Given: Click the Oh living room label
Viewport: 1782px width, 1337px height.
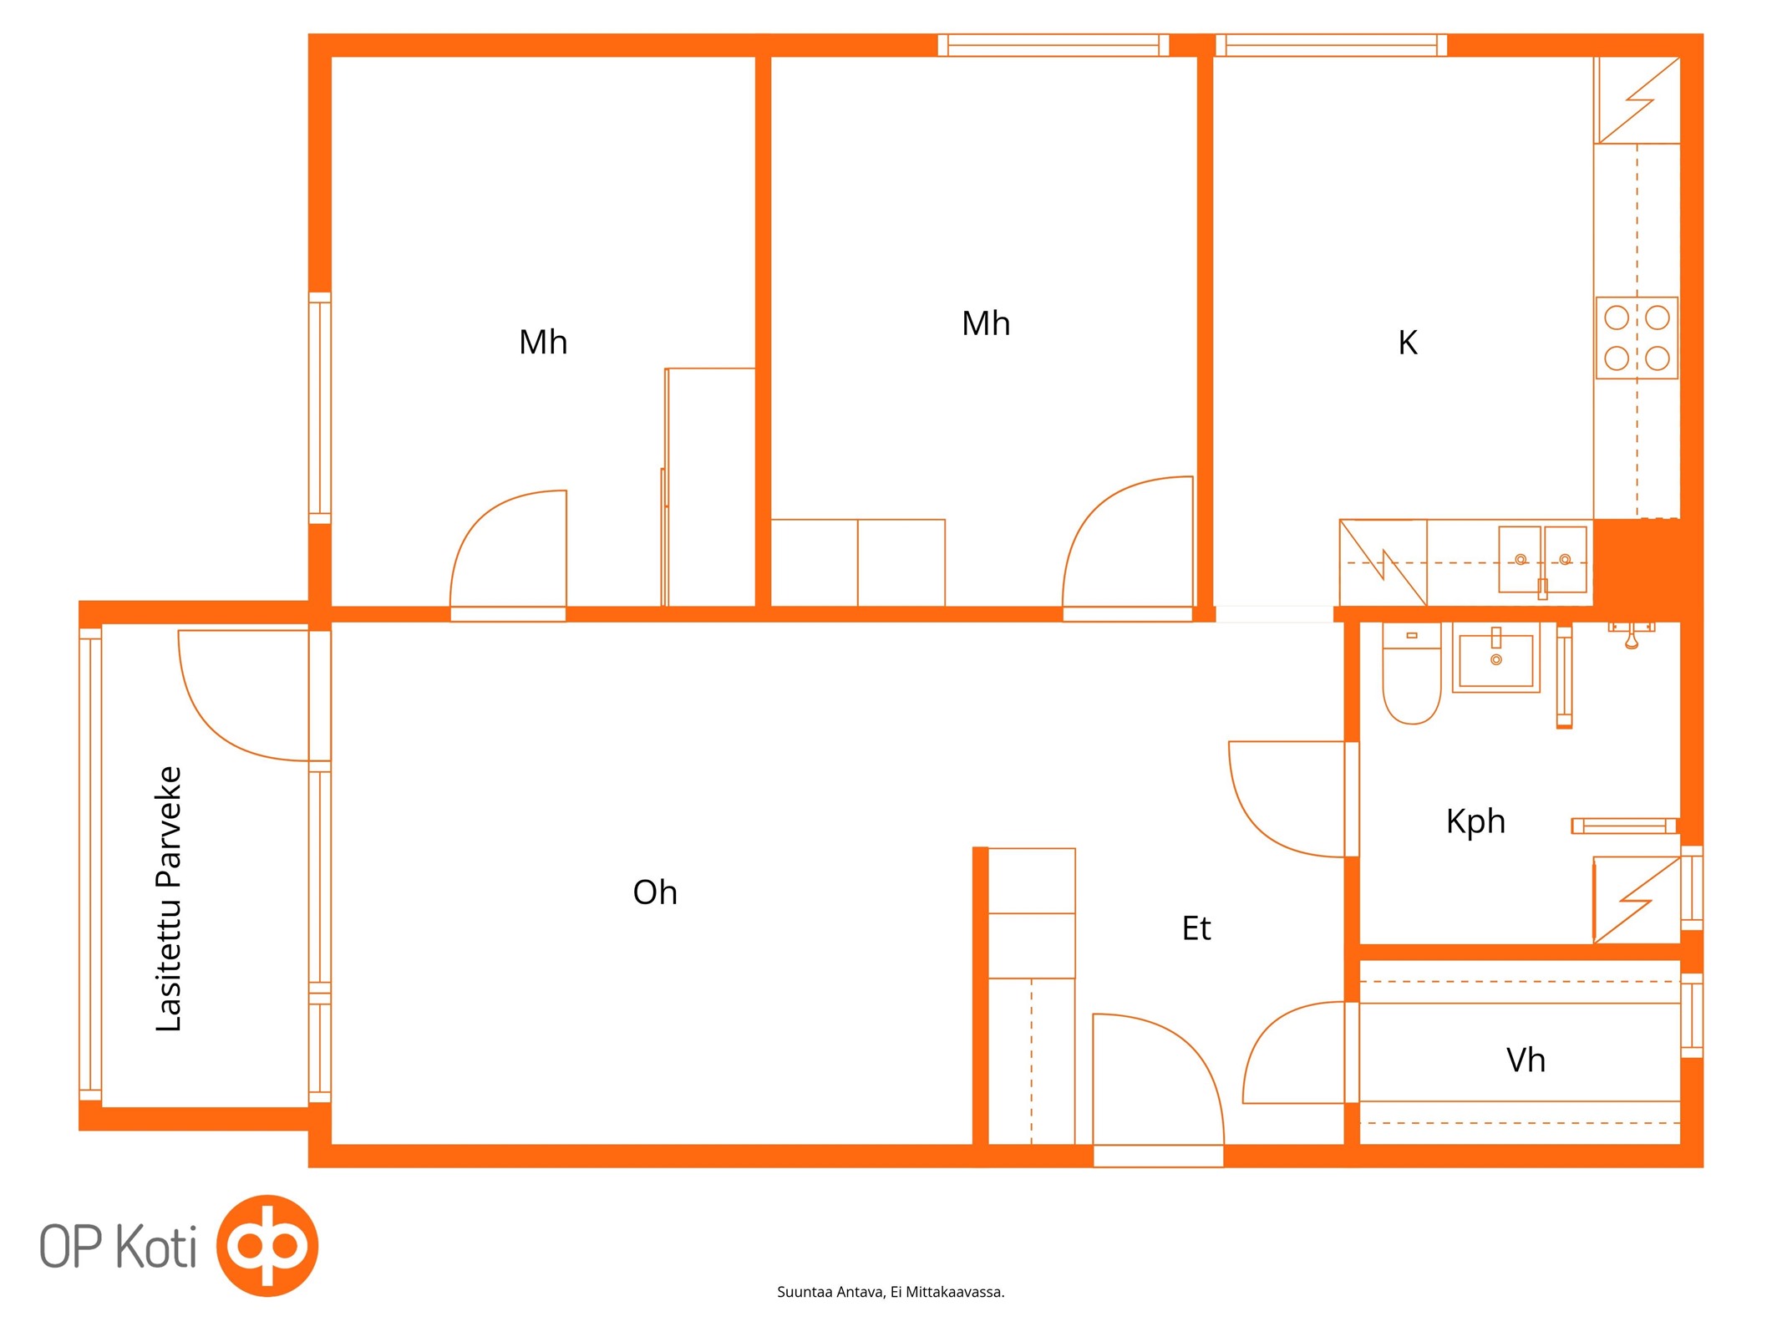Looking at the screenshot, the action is (655, 892).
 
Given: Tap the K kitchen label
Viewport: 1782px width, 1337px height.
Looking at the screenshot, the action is (1408, 343).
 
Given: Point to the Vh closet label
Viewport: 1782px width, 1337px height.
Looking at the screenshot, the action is (1526, 1060).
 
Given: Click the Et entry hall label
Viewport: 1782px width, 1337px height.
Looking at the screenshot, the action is (1196, 928).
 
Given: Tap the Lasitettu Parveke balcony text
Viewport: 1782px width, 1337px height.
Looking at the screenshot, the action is (169, 898).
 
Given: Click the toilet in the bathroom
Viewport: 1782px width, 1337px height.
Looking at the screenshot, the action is (1412, 674).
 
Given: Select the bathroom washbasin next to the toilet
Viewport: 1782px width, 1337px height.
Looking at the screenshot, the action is (1496, 658).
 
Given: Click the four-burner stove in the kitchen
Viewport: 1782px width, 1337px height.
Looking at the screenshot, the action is (1637, 338).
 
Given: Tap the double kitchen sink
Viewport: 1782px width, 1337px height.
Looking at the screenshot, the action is (1542, 559).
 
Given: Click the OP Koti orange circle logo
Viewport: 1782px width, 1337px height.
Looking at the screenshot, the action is (267, 1245).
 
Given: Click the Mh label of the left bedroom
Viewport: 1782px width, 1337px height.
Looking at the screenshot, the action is (543, 343).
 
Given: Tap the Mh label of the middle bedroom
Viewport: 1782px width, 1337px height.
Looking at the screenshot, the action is (986, 324).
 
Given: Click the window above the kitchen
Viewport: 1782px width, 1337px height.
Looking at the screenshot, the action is (1331, 45).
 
